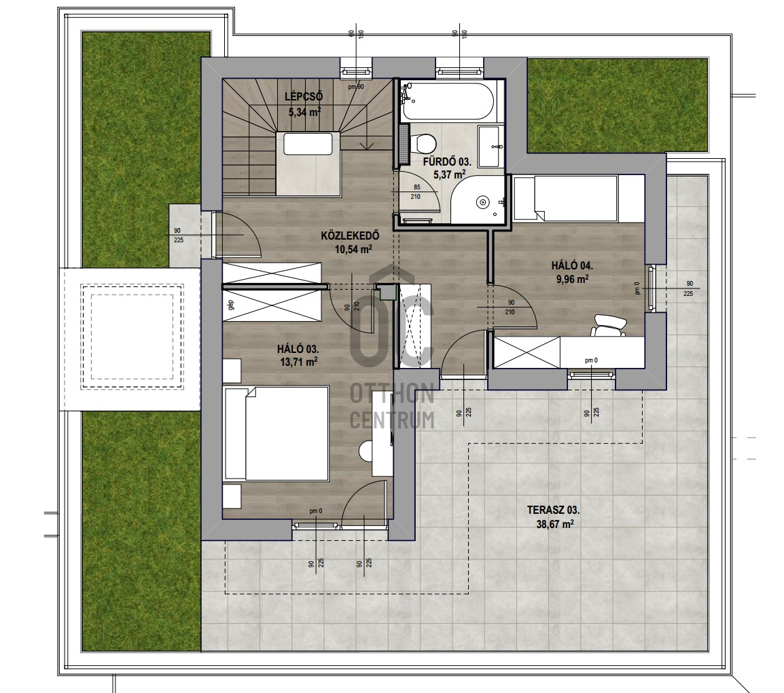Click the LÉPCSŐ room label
pos(304,96)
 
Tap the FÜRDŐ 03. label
pos(446,162)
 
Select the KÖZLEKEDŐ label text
pos(350,236)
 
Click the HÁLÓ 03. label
pos(298,350)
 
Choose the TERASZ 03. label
pos(553,510)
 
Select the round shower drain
pos(482,202)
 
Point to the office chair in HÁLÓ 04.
pos(607,325)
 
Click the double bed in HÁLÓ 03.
pos(276,433)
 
